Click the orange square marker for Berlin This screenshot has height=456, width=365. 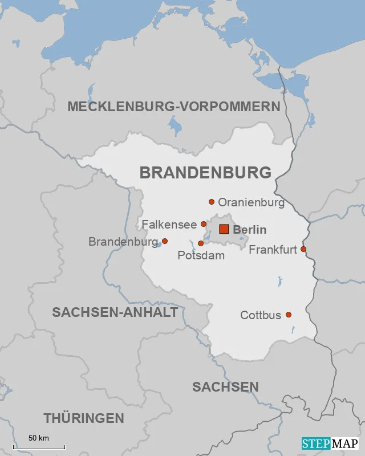pyautogui.click(x=224, y=229)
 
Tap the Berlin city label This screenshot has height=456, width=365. pyautogui.click(x=250, y=230)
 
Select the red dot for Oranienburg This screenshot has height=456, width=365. pyautogui.click(x=212, y=202)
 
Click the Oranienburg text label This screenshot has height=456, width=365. pyautogui.click(x=251, y=202)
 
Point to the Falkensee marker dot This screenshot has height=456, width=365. pyautogui.click(x=204, y=224)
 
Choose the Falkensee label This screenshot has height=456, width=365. pyautogui.click(x=169, y=224)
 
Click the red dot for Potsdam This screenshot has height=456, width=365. pyautogui.click(x=200, y=243)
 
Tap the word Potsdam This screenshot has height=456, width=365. pyautogui.click(x=201, y=255)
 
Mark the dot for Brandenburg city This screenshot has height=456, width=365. pyautogui.click(x=165, y=241)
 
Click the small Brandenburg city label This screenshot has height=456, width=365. pyautogui.click(x=123, y=242)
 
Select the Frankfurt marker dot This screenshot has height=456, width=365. pyautogui.click(x=303, y=249)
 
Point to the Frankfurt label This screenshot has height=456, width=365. pyautogui.click(x=273, y=250)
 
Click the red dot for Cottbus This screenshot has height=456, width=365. pyautogui.click(x=289, y=315)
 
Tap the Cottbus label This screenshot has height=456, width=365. pyautogui.click(x=261, y=315)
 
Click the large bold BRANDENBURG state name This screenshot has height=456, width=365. pyautogui.click(x=205, y=173)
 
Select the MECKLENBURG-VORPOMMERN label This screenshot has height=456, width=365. pyautogui.click(x=174, y=107)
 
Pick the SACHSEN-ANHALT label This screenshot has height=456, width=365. pyautogui.click(x=115, y=312)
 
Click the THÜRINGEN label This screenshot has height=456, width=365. pyautogui.click(x=84, y=418)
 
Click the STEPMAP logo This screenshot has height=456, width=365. pyautogui.click(x=330, y=443)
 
